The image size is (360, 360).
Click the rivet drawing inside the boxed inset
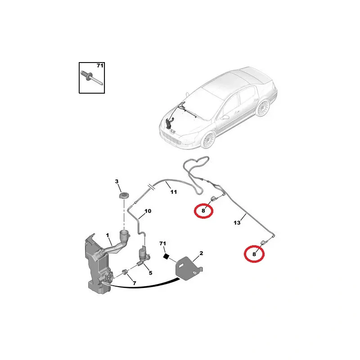pos(92,78)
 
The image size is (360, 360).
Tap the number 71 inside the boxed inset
pos(100,66)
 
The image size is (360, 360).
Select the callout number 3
pos(117,181)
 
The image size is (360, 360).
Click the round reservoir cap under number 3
pos(123,197)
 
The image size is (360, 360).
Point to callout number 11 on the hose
pos(174,192)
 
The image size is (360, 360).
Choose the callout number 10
pos(148,211)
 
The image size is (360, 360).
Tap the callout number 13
pos(237,222)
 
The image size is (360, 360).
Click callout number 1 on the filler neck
pos(108,235)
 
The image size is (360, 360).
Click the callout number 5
pos(151,273)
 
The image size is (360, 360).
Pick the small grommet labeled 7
pos(126,272)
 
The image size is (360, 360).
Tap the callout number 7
pos(134,283)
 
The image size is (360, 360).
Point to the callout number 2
pos(201,253)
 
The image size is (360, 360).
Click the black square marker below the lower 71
pos(166,256)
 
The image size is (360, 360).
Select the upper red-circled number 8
pos(203,210)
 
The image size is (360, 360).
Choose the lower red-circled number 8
pos(254,254)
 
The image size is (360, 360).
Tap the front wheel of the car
pos(208,140)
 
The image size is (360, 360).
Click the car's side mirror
pos(225,117)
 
